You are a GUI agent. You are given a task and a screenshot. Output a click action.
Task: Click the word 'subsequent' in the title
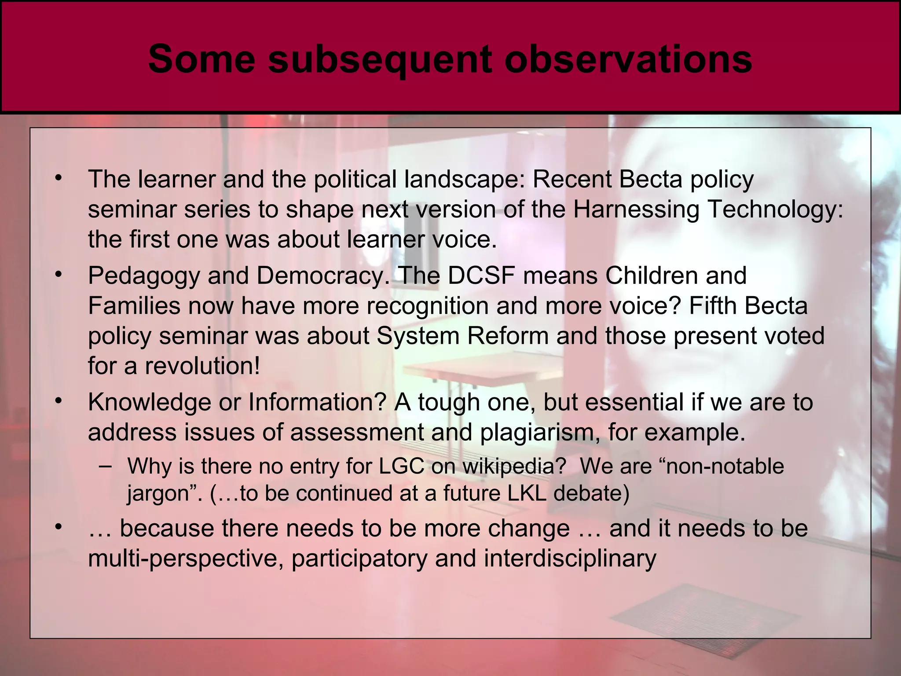[x=379, y=60]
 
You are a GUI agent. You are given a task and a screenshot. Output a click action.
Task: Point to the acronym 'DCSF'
[x=481, y=276]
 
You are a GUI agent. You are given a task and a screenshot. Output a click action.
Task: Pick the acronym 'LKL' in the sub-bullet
[x=527, y=493]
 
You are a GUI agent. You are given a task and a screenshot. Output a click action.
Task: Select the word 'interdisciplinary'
[x=570, y=558]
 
